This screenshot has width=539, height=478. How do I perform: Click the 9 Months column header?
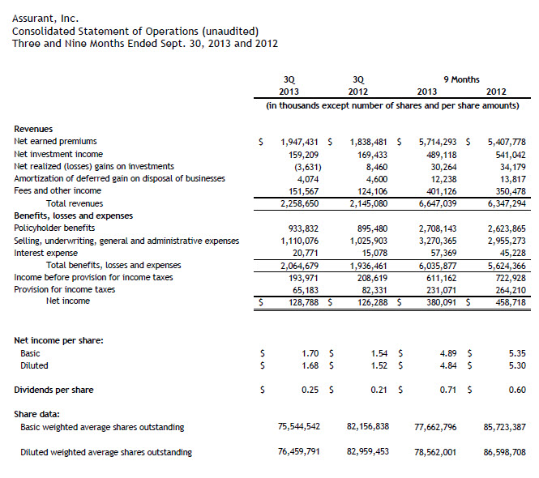[461, 79]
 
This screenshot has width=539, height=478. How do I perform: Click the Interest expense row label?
[44, 253]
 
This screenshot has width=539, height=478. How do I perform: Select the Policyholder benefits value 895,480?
[370, 228]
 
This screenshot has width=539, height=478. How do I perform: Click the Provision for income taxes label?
[64, 289]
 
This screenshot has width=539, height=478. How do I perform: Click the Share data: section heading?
[36, 414]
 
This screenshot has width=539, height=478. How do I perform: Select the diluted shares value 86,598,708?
[503, 452]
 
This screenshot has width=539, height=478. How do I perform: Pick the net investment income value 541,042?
[508, 154]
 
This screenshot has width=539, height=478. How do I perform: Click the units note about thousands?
[392, 105]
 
